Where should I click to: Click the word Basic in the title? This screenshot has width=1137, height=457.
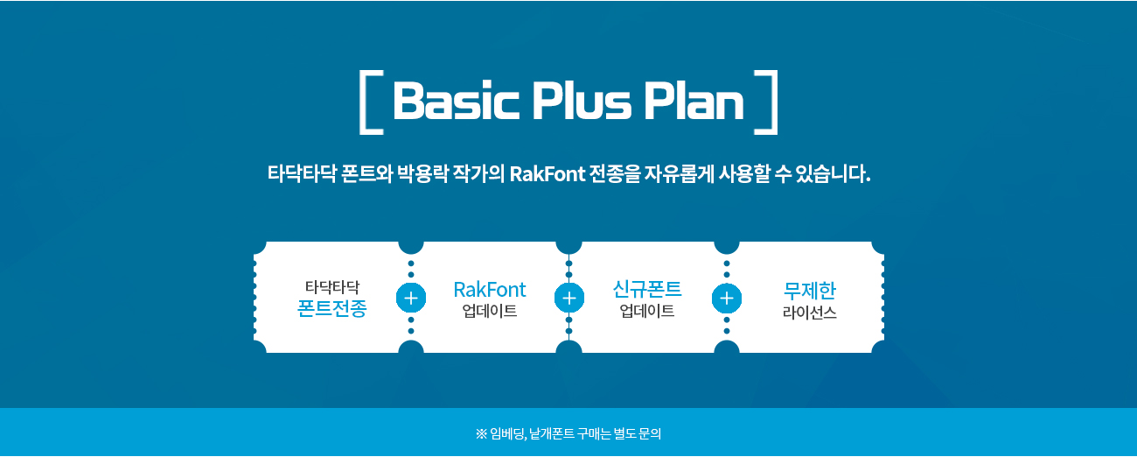(456, 102)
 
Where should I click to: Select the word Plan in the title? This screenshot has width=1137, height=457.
(694, 102)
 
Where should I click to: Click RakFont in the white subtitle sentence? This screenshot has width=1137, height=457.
(548, 172)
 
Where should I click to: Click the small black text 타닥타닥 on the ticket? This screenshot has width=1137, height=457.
(331, 286)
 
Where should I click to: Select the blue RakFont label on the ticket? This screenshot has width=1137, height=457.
(490, 289)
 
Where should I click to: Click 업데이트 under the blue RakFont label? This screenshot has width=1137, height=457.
(490, 311)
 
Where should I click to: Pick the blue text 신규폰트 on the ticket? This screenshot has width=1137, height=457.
(647, 289)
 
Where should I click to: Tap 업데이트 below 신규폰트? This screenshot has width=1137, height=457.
(647, 311)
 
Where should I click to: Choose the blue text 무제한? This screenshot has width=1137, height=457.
(810, 290)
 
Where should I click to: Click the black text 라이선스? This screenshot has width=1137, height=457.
(810, 312)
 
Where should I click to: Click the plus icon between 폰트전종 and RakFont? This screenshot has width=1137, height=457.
(411, 298)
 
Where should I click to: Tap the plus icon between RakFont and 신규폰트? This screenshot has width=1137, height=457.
(569, 298)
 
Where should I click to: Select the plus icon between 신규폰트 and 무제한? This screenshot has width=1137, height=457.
(727, 298)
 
